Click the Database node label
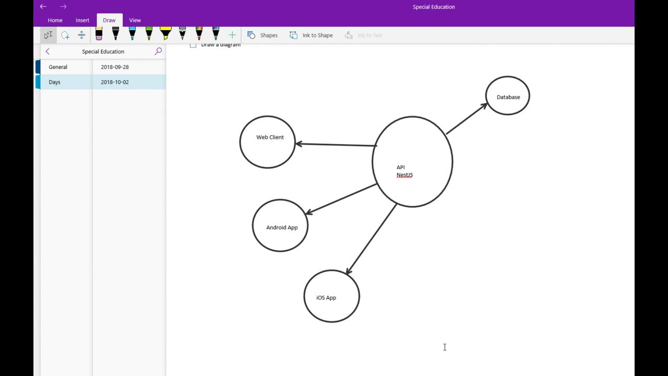tap(508, 97)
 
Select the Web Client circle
tap(267, 142)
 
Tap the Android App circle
tap(280, 226)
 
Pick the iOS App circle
tap(331, 296)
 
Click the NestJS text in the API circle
tap(404, 175)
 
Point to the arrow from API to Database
tap(466, 119)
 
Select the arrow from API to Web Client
tap(336, 145)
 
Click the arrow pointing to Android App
tap(341, 198)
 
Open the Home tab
tap(55, 20)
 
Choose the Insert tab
tap(82, 20)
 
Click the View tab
tap(135, 20)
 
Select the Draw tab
tap(109, 20)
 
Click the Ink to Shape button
tap(311, 36)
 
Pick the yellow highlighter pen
tap(165, 34)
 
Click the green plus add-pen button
tap(232, 35)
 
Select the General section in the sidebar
tap(58, 67)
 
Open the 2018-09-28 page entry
tap(115, 67)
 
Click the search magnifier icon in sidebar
tap(158, 51)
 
